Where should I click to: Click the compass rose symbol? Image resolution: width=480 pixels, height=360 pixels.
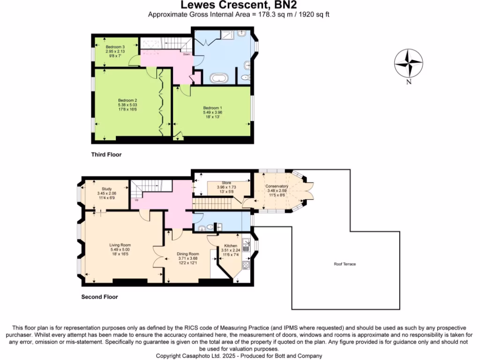click(x=408, y=63)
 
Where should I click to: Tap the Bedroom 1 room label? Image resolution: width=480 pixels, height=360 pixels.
click(x=212, y=108)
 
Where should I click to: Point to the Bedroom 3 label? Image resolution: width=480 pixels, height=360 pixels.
click(x=115, y=47)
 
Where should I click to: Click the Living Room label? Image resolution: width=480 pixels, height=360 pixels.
click(x=120, y=245)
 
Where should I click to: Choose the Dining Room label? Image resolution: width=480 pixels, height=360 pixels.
click(x=187, y=254)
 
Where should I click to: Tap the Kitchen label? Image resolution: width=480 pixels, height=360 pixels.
click(x=231, y=246)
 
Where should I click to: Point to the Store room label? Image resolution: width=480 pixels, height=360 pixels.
click(x=227, y=183)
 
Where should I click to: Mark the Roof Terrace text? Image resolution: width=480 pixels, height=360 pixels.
click(x=345, y=264)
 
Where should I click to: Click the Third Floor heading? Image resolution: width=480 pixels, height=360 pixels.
click(x=106, y=154)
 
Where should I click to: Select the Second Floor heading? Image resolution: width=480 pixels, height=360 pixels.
click(x=100, y=297)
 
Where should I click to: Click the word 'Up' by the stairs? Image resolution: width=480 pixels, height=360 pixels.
click(x=136, y=200)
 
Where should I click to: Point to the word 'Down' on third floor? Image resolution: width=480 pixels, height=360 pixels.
click(x=186, y=54)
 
